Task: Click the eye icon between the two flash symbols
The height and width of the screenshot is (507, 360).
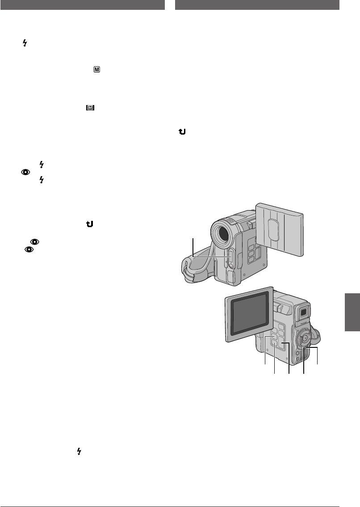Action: [x=28, y=171]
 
